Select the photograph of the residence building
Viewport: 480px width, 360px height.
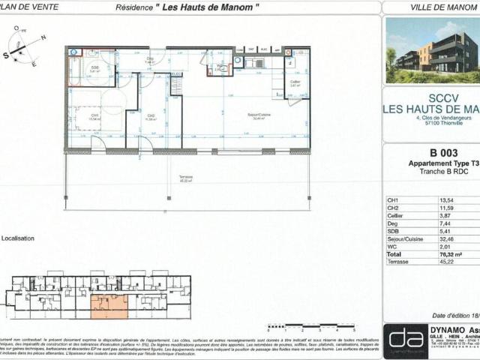coord(431,49)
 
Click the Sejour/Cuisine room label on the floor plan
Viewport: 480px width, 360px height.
coord(259,115)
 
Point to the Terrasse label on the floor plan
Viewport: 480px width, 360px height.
coord(185,178)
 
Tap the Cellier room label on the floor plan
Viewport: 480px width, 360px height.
coord(295,82)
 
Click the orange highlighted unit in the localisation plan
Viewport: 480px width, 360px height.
coord(109,305)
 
